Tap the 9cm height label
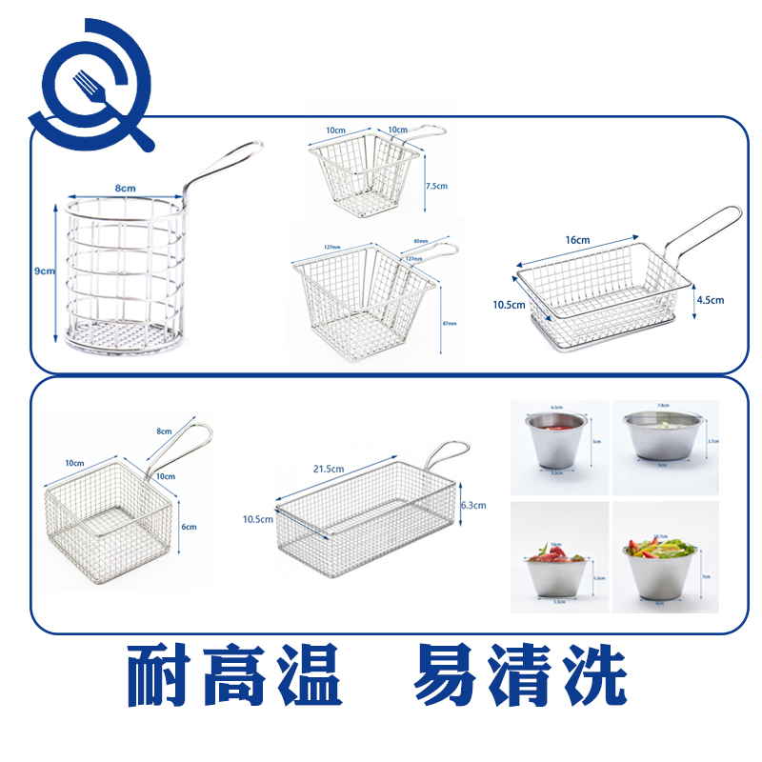44,271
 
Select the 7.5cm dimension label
435,186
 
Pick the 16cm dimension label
576,240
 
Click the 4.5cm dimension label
710,300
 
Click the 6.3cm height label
472,506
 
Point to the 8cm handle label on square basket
165,431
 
